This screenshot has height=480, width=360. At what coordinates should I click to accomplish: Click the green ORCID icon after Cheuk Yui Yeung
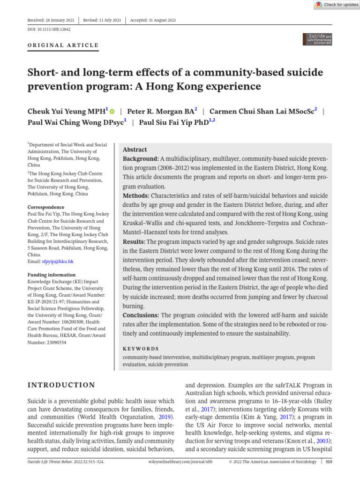pyautogui.click(x=112, y=112)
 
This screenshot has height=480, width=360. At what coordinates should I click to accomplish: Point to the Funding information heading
pyautogui.click(x=51, y=275)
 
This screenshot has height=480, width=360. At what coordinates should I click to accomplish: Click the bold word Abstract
pyautogui.click(x=135, y=150)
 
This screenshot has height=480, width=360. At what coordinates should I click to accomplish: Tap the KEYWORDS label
pyautogui.click(x=141, y=349)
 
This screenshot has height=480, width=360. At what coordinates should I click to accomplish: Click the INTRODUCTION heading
pyautogui.click(x=62, y=385)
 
